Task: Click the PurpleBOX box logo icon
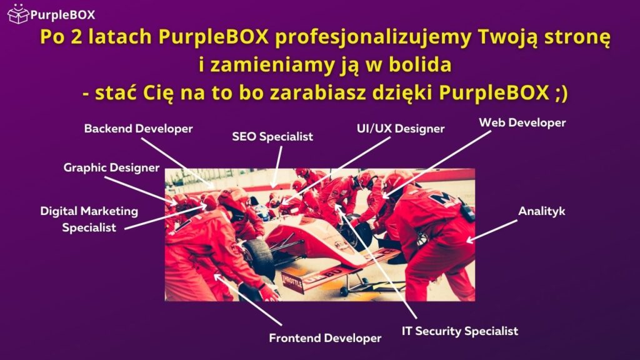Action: [17, 12]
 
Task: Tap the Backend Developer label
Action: [139, 129]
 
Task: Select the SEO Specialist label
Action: [272, 136]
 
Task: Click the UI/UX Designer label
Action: [396, 129]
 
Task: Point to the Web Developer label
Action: [522, 122]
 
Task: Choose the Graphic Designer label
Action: [111, 167]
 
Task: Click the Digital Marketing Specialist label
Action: [89, 219]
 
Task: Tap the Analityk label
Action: [542, 211]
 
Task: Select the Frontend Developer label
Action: [325, 338]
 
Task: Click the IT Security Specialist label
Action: [460, 331]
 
